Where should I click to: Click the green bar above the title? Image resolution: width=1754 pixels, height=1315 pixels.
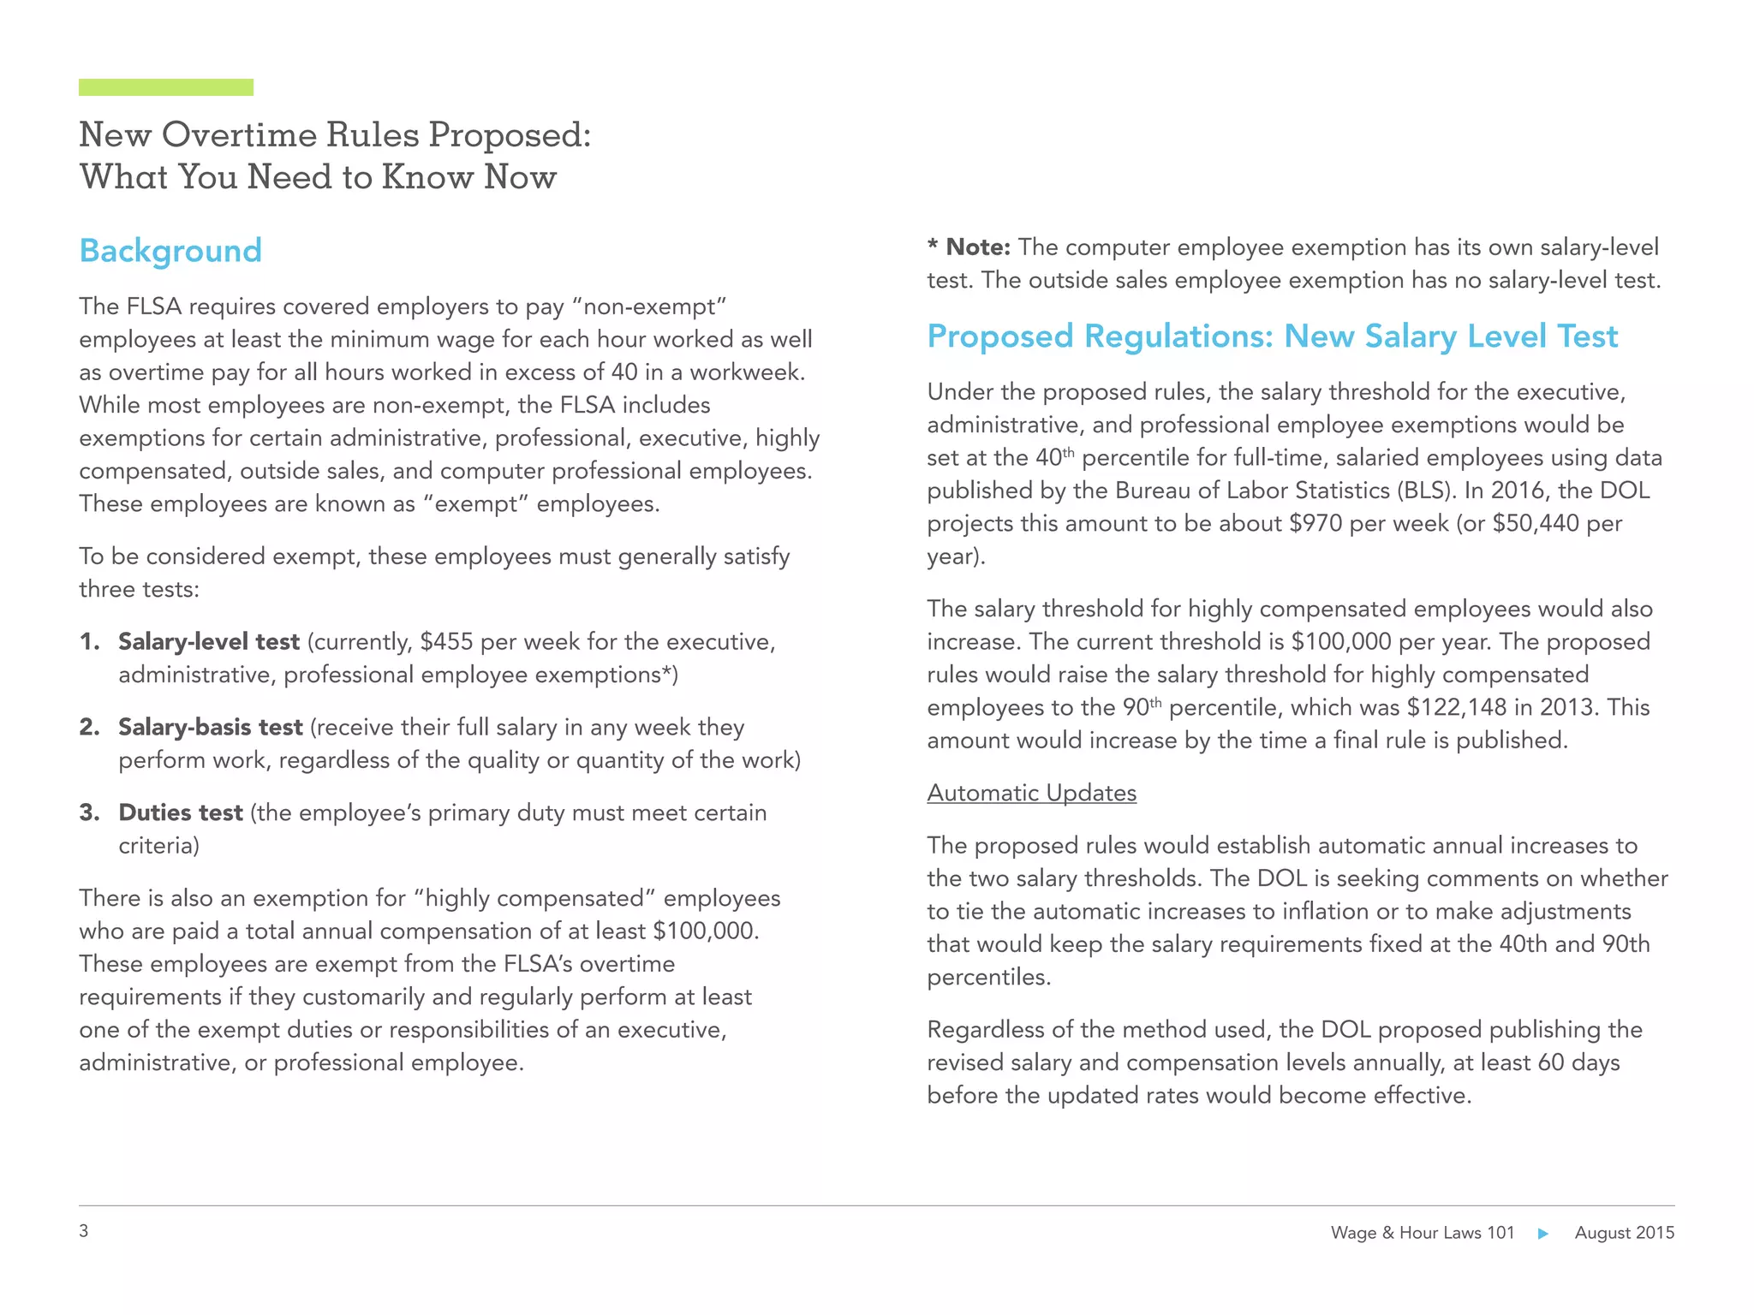tap(165, 87)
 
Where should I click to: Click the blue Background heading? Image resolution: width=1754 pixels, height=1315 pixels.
tap(170, 251)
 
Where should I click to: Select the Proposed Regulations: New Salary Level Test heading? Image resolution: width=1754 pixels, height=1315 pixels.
tap(1272, 336)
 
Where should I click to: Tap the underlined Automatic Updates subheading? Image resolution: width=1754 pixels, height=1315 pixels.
tap(1031, 793)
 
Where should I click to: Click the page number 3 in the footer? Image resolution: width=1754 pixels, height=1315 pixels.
tap(84, 1231)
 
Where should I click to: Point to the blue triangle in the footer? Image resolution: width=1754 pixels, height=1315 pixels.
tap(1543, 1234)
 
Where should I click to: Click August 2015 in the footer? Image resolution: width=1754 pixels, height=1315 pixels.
tap(1624, 1233)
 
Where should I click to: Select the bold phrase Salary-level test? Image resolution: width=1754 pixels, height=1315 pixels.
tap(209, 641)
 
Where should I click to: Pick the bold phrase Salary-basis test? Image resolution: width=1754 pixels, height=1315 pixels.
tap(211, 727)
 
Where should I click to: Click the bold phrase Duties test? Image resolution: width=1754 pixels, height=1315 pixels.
tap(181, 812)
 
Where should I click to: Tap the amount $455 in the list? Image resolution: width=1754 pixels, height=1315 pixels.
tap(446, 641)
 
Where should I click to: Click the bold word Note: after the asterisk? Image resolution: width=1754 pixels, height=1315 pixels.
tap(978, 247)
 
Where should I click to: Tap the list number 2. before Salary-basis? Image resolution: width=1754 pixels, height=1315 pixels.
tap(90, 727)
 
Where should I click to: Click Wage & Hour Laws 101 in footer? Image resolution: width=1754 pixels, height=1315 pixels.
tap(1422, 1233)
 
